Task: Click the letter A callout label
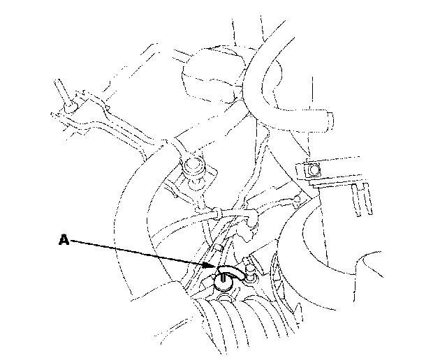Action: pyautogui.click(x=64, y=239)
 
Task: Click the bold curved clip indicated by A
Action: pyautogui.click(x=230, y=271)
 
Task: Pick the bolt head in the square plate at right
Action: pyautogui.click(x=314, y=170)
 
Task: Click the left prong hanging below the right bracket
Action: pyautogui.click(x=356, y=200)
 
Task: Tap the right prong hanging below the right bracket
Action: pyautogui.click(x=368, y=199)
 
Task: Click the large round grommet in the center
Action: pyautogui.click(x=193, y=166)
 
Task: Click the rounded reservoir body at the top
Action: pyautogui.click(x=212, y=75)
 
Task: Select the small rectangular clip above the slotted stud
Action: pyautogui.click(x=219, y=247)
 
